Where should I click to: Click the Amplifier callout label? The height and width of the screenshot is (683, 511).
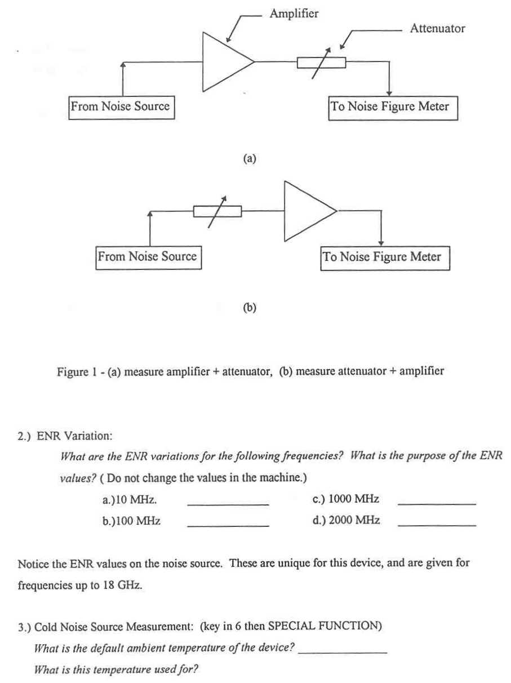294,14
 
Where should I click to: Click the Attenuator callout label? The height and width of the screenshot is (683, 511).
437,28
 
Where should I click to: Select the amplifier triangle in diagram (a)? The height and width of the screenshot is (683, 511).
203,62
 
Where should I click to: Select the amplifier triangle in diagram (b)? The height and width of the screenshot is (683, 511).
285,211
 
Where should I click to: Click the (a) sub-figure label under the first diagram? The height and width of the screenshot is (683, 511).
250,158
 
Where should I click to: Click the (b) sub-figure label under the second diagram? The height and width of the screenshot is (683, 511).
250,308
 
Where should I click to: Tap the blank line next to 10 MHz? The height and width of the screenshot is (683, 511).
228,505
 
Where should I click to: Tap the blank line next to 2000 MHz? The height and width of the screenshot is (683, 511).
437,525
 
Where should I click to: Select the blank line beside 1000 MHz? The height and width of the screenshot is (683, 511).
437,504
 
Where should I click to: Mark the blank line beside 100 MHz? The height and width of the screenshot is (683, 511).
228,526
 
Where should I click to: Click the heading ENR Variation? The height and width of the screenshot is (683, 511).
74,436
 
